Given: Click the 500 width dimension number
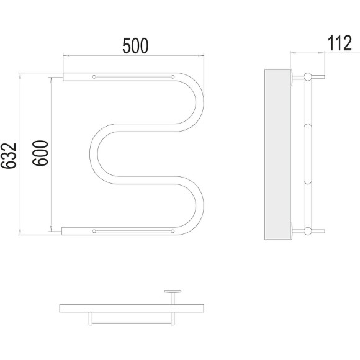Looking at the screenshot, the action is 135,46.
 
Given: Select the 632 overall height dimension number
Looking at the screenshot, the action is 9,156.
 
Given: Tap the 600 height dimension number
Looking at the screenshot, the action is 40,153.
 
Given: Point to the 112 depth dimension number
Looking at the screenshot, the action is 340,43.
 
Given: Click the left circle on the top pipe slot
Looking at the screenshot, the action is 94,77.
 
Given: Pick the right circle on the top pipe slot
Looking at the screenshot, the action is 173,77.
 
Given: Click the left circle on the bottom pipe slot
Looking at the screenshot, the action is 94,231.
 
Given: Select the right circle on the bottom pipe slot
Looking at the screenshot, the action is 173,231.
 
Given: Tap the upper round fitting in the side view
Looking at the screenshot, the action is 307,77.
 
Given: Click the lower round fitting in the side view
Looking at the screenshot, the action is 307,231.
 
